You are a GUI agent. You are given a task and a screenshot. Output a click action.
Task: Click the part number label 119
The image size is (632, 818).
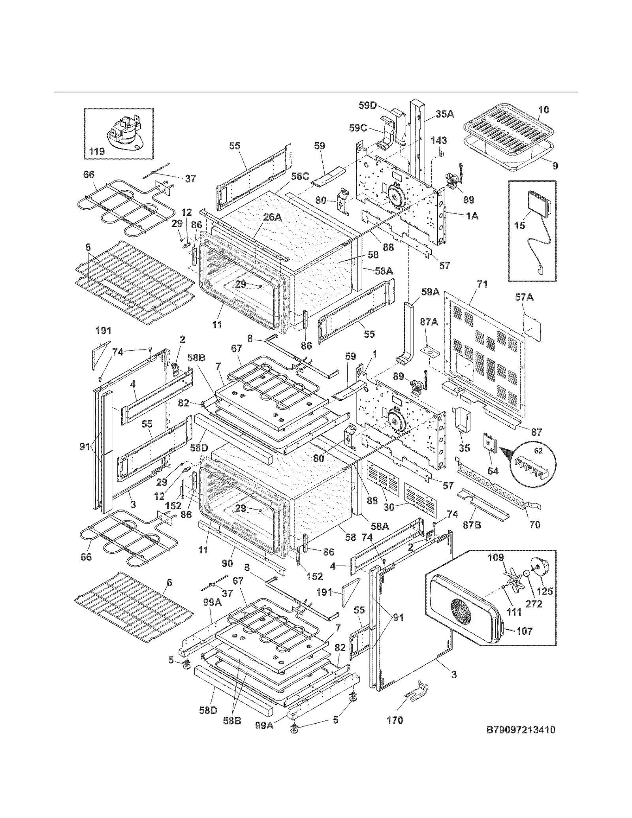(97, 151)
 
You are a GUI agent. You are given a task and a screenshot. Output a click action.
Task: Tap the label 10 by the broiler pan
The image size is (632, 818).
(544, 110)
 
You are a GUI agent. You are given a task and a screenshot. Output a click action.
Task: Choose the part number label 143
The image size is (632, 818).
(439, 140)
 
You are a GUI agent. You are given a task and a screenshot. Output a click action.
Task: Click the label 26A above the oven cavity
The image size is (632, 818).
(273, 217)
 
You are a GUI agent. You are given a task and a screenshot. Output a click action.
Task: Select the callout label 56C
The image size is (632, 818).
(300, 176)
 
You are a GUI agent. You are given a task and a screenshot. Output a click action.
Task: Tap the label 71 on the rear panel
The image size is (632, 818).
(482, 284)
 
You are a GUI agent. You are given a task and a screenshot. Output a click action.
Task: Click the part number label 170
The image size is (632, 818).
(395, 720)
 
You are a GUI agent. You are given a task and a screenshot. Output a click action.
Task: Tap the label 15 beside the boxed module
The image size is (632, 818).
(520, 226)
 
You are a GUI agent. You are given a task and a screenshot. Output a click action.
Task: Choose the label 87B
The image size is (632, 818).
(472, 526)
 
